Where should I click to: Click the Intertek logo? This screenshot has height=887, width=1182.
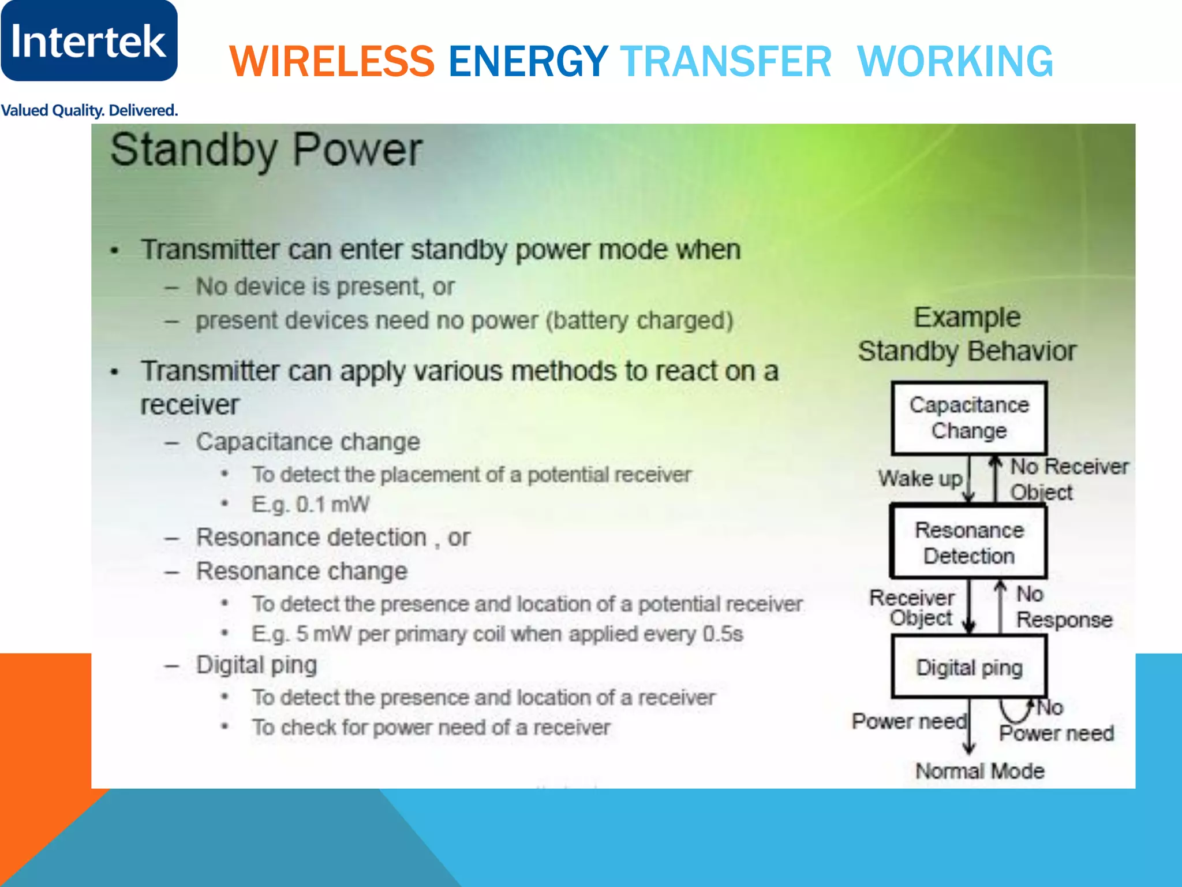point(89,40)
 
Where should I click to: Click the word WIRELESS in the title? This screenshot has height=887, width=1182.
point(332,61)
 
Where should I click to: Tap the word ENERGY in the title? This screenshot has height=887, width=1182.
point(528,61)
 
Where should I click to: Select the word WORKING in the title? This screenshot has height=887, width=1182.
point(955,61)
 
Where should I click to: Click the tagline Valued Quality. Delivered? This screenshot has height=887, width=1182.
point(89,110)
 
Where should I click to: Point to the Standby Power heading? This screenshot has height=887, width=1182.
point(266,150)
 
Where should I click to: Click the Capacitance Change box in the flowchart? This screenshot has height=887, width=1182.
point(969,418)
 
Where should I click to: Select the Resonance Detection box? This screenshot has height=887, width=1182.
point(969,543)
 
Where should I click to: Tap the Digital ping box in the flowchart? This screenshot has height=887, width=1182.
point(969,668)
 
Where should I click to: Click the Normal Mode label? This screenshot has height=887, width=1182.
point(980,771)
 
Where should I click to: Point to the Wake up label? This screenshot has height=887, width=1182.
point(920,479)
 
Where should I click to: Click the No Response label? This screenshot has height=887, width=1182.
point(1063,607)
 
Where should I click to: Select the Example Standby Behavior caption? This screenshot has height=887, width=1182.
point(967,334)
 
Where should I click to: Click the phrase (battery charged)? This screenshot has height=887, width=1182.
point(639,320)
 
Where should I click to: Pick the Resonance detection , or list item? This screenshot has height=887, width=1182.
point(333,538)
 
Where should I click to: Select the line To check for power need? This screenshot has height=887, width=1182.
point(431,728)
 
